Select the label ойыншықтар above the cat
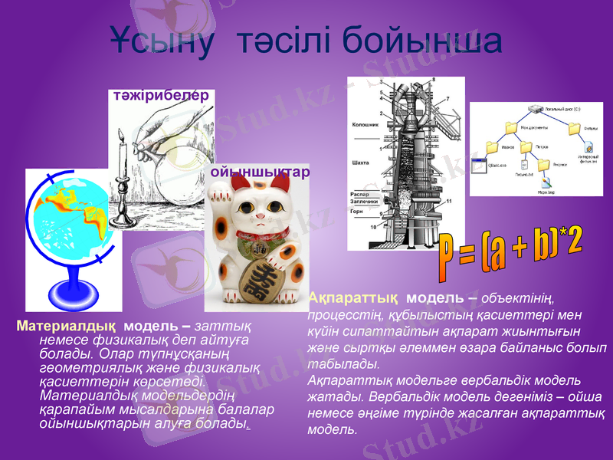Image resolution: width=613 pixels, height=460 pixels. (260, 172)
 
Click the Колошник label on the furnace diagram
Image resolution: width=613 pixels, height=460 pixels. (364, 123)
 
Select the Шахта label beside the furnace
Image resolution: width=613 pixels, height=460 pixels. (360, 162)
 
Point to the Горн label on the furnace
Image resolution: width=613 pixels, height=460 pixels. (356, 210)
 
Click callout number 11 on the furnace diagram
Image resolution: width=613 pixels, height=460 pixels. (448, 201)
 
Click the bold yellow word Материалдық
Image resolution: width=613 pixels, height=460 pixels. (66, 325)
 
